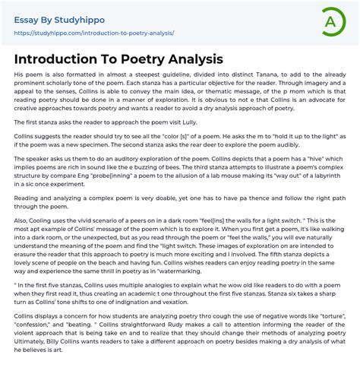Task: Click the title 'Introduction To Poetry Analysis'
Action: pyautogui.click(x=118, y=59)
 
